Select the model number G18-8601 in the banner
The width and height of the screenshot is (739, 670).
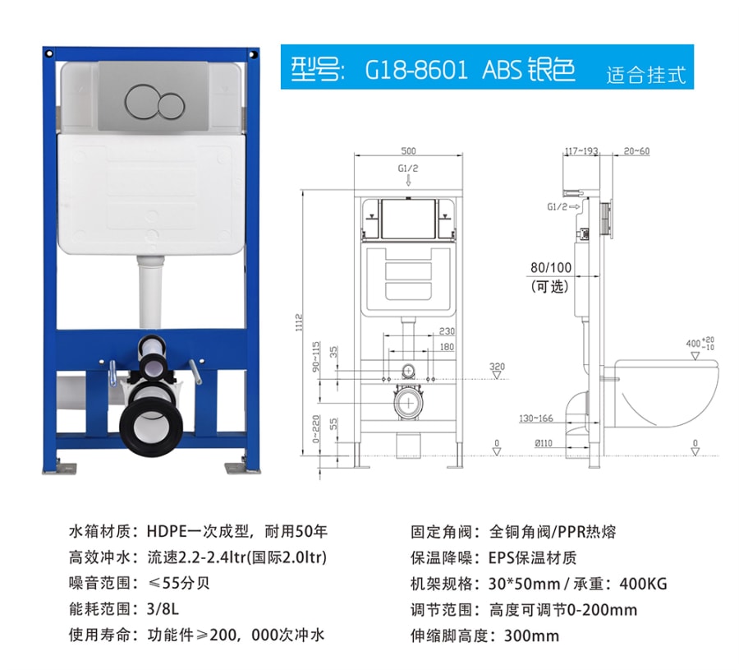pyautogui.click(x=416, y=70)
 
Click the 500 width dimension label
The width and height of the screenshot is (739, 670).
pyautogui.click(x=408, y=151)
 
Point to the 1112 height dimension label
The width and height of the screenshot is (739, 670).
pyautogui.click(x=299, y=322)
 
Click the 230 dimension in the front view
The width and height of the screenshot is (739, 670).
pyautogui.click(x=447, y=331)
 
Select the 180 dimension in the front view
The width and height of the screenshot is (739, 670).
pyautogui.click(x=447, y=347)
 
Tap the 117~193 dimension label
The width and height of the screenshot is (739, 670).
pyautogui.click(x=581, y=151)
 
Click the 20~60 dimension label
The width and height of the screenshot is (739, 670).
pyautogui.click(x=636, y=151)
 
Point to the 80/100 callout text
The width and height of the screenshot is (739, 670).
pyautogui.click(x=550, y=267)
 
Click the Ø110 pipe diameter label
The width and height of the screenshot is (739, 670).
pyautogui.click(x=544, y=443)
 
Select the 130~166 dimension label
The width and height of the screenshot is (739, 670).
pyautogui.click(x=536, y=418)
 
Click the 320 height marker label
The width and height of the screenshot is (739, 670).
pyautogui.click(x=497, y=367)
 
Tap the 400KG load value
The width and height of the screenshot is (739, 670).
pyautogui.click(x=643, y=584)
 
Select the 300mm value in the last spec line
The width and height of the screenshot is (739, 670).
pyautogui.click(x=531, y=635)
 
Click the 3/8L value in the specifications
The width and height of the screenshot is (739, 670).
pyautogui.click(x=163, y=609)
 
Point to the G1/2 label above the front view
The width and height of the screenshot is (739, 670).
pyautogui.click(x=407, y=169)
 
